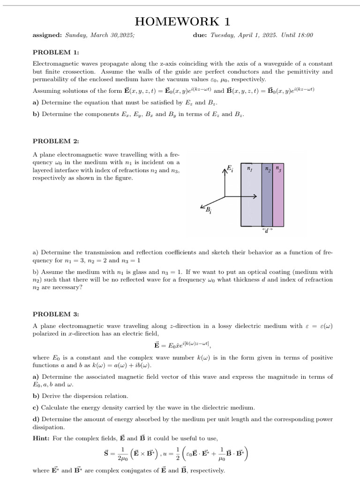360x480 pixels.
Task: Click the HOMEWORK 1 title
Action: coord(182,22)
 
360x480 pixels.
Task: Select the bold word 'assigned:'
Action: coord(47,35)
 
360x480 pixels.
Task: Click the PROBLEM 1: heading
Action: coord(56,52)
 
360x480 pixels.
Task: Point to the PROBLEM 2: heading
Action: coord(56,141)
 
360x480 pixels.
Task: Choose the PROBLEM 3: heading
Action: coord(56,314)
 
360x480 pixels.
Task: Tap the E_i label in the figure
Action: coord(230,168)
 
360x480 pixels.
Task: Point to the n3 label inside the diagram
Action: coord(278,168)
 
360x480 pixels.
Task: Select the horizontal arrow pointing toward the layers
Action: coord(241,196)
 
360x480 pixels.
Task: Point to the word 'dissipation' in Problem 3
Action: coord(49,427)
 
